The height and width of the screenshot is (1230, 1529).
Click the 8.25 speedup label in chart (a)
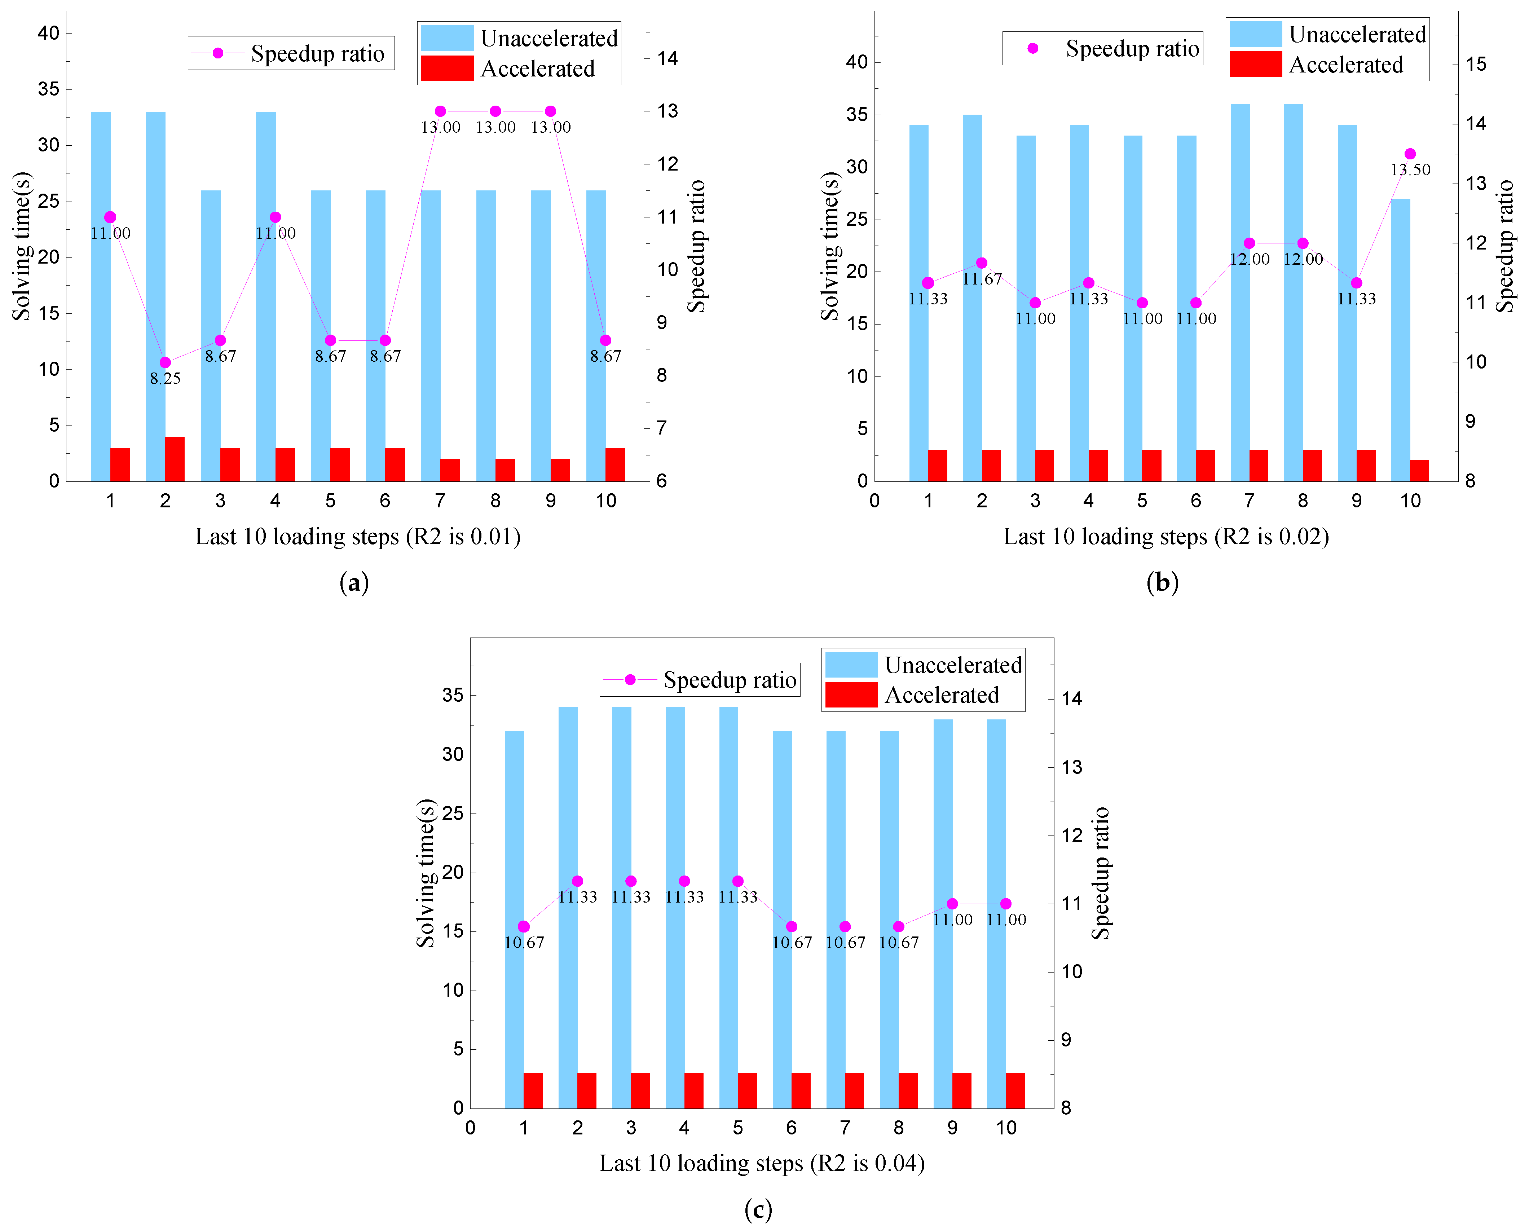click(165, 378)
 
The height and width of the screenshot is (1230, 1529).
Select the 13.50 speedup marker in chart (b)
click(1410, 154)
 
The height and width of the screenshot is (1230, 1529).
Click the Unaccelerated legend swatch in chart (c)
click(851, 665)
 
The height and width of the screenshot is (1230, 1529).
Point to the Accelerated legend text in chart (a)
click(538, 69)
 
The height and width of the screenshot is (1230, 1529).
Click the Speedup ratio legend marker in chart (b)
click(1032, 48)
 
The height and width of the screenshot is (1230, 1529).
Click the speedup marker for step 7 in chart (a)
click(440, 111)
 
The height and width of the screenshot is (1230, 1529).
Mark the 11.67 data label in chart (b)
click(982, 279)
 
